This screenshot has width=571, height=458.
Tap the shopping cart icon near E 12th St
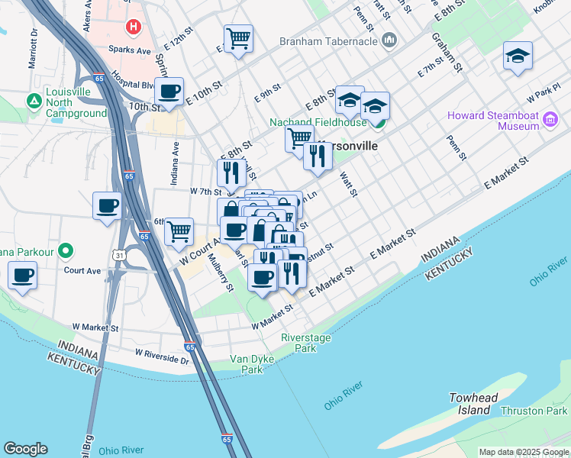point(238,38)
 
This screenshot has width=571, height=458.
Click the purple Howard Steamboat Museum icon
point(550,119)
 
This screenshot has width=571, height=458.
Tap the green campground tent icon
point(34,101)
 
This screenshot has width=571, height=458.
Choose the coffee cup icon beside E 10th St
point(169,92)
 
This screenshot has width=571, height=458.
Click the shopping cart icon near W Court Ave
point(179,231)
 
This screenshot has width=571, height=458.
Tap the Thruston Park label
point(534,411)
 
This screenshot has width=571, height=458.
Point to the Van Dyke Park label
point(247,364)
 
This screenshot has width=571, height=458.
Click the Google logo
point(25,449)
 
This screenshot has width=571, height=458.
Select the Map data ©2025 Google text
point(523,452)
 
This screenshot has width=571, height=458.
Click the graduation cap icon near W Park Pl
point(518,55)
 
